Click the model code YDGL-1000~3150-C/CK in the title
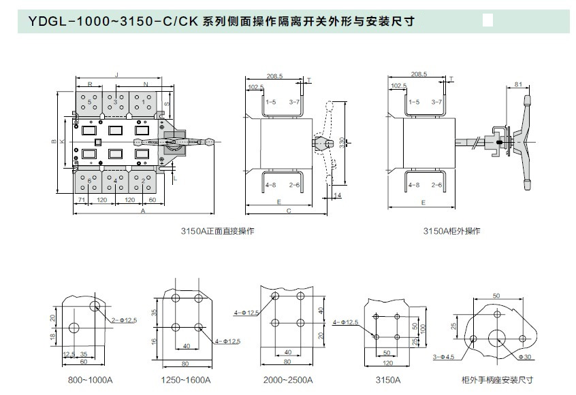point(113,20)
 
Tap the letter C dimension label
point(289,211)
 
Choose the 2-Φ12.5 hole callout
point(124,319)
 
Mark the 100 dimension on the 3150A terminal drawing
point(421,327)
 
